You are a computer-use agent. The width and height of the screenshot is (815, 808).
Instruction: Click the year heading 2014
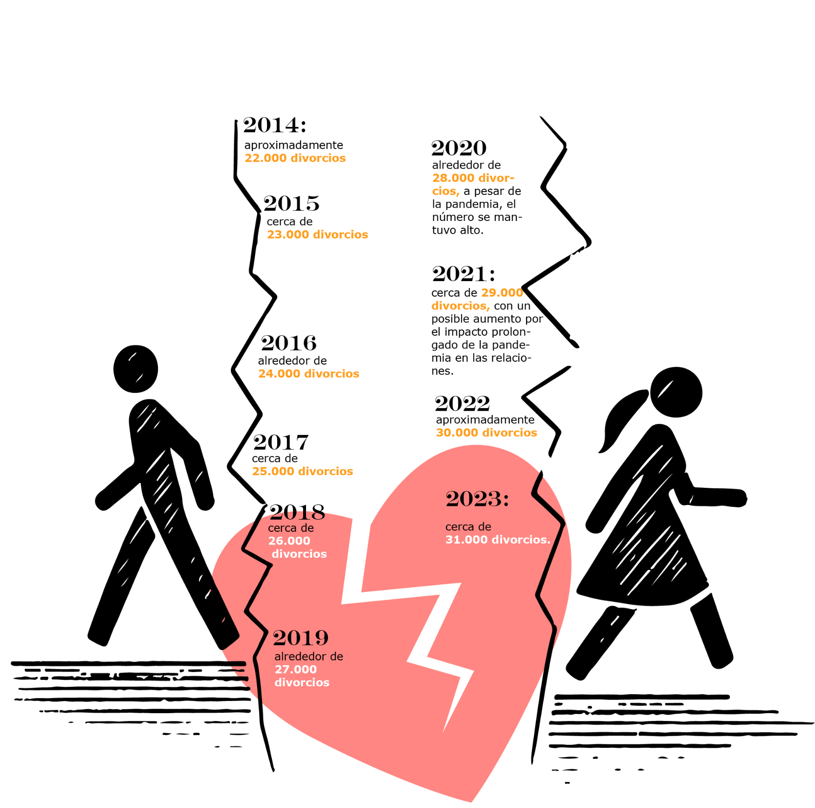(275, 125)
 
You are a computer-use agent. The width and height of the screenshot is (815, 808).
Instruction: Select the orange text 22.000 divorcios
(295, 158)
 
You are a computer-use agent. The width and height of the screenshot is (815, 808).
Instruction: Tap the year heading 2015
(291, 203)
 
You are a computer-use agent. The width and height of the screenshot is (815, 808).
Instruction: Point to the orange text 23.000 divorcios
(317, 235)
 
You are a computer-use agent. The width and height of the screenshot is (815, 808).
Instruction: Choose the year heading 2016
(289, 343)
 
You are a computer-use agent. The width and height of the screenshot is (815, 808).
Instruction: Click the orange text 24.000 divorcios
(308, 373)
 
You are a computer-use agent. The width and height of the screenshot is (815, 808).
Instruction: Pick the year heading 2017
(281, 442)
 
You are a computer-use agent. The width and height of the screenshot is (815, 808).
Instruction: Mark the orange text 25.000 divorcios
(302, 471)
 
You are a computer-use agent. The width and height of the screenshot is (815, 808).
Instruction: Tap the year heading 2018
(297, 512)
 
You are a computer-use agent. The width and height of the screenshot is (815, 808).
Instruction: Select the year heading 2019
(301, 638)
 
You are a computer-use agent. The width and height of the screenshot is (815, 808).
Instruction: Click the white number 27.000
(295, 669)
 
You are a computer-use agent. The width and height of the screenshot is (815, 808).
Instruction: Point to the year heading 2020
(459, 148)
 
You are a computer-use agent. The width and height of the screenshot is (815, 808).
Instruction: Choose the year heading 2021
(463, 274)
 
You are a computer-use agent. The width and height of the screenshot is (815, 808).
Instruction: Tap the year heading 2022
(463, 404)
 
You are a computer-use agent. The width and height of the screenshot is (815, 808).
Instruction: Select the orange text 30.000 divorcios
(486, 433)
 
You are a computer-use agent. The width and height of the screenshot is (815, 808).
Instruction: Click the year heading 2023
(477, 499)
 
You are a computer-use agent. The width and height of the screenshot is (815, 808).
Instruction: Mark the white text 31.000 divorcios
(498, 540)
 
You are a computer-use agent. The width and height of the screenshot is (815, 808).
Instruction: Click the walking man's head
(135, 369)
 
